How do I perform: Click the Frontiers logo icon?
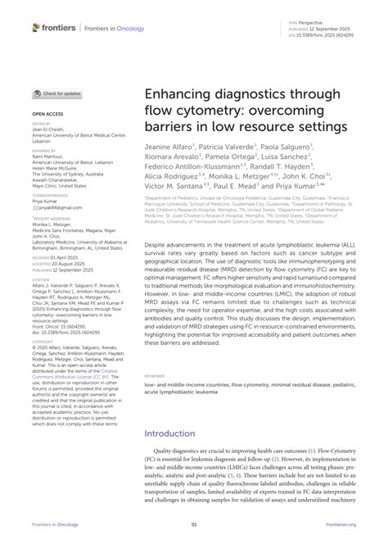pyautogui.click(x=36, y=27)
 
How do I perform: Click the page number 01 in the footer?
pyautogui.click(x=194, y=525)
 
